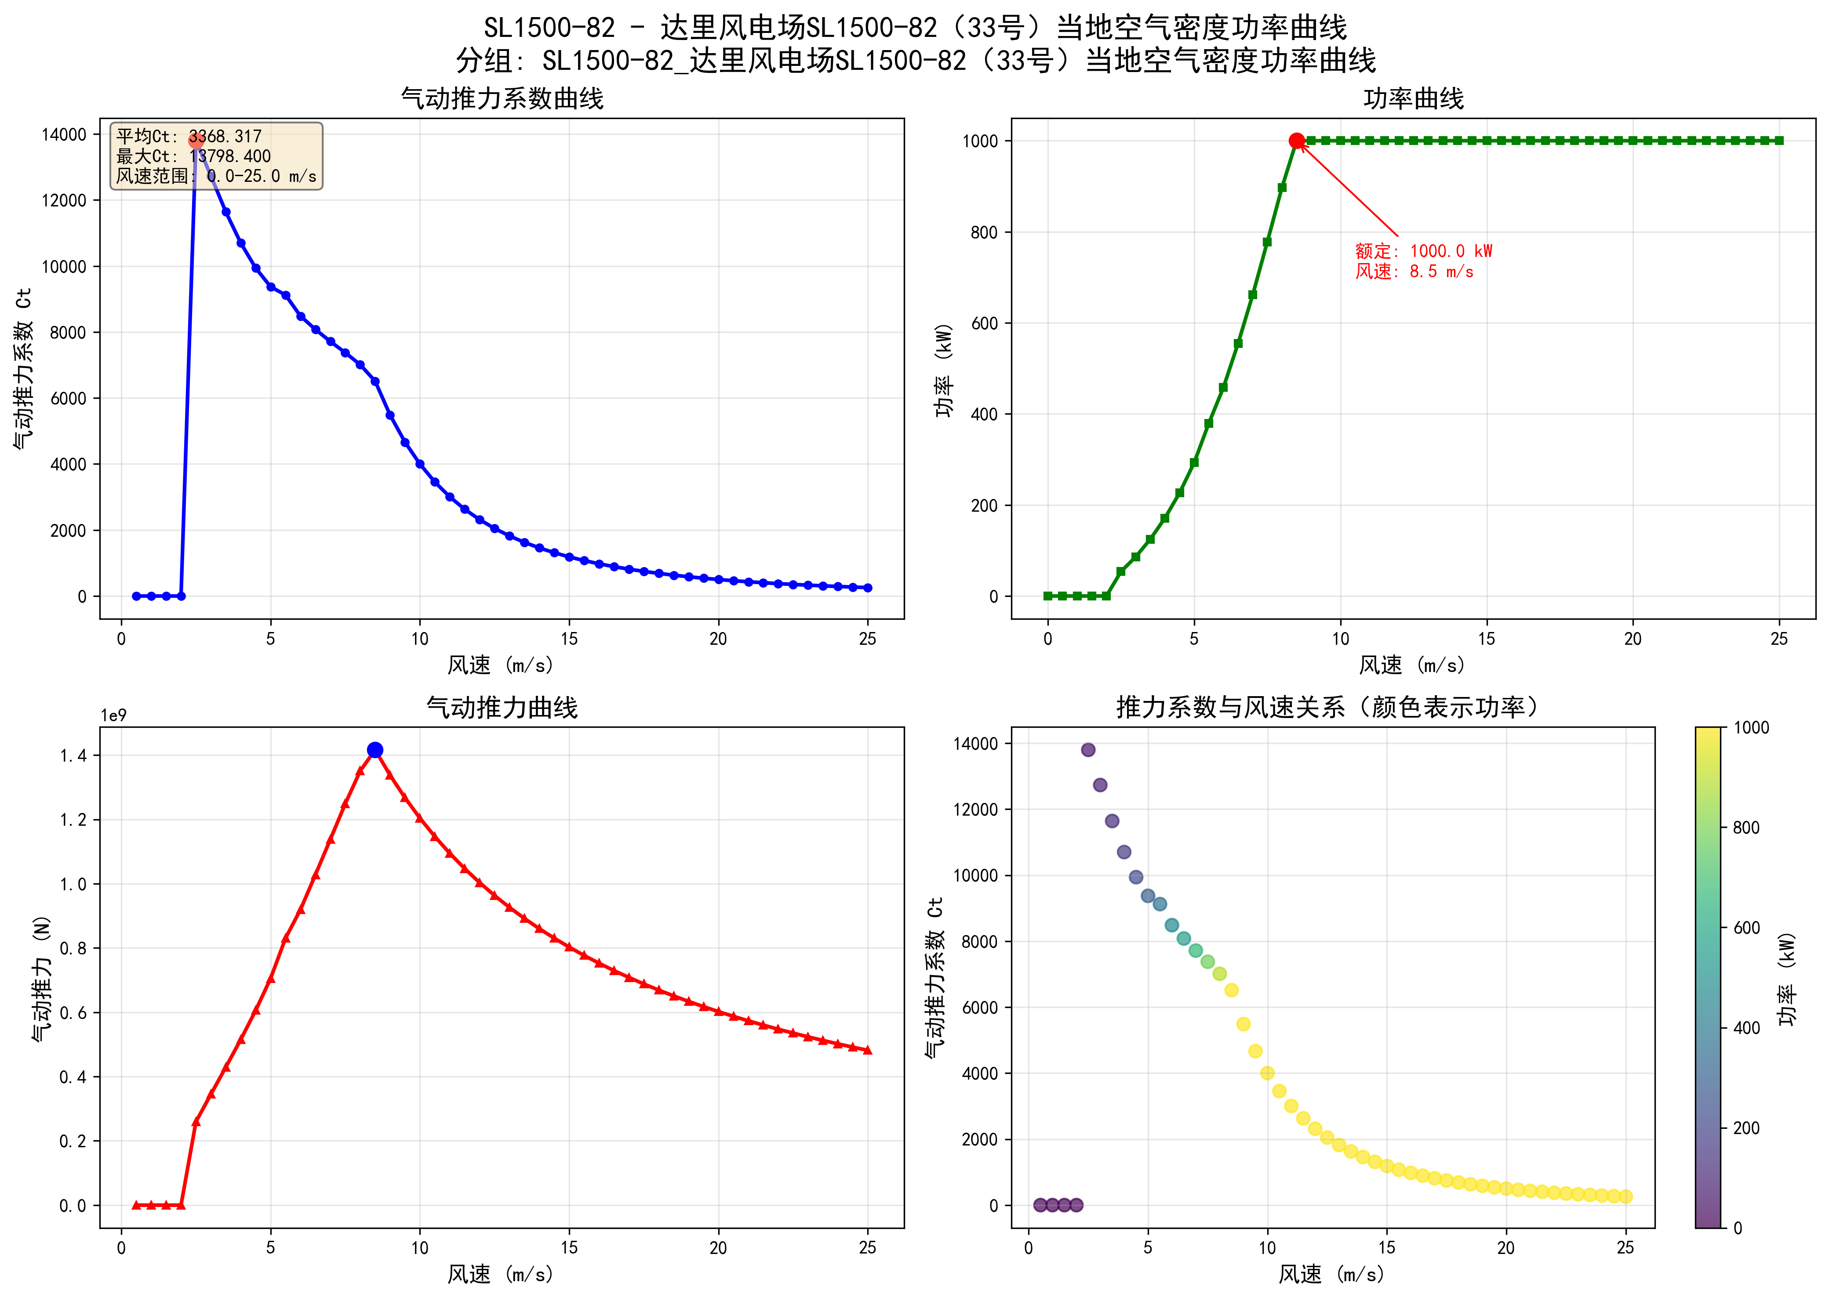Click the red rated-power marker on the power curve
(1296, 141)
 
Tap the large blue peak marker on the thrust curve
(375, 750)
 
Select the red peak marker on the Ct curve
(196, 141)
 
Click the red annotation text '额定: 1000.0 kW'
(1423, 251)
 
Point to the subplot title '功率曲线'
(1413, 99)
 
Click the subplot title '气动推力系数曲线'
(502, 99)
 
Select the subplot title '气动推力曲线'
(502, 708)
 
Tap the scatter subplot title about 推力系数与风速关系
(1327, 708)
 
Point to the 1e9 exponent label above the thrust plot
(113, 715)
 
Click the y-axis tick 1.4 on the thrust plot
(73, 755)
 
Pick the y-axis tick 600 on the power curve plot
(985, 323)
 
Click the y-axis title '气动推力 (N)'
(42, 978)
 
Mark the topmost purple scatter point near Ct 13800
(1087, 750)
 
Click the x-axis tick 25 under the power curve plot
(1778, 639)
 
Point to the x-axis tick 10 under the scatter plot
(1267, 1248)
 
